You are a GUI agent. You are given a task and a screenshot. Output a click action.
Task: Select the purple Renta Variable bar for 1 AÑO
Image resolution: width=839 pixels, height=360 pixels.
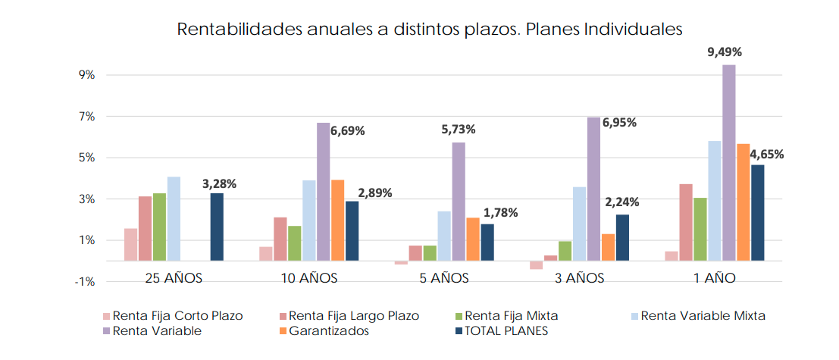pyautogui.click(x=728, y=162)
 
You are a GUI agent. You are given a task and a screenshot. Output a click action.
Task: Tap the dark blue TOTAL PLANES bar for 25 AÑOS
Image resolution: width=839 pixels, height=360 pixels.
pyautogui.click(x=217, y=227)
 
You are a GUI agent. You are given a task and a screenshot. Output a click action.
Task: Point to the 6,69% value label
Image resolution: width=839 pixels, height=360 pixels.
pyautogui.click(x=347, y=130)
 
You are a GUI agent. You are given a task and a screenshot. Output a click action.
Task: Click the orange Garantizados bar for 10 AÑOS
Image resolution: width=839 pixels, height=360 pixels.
pyautogui.click(x=337, y=220)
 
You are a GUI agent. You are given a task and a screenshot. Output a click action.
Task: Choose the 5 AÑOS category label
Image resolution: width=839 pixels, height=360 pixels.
pyautogui.click(x=444, y=278)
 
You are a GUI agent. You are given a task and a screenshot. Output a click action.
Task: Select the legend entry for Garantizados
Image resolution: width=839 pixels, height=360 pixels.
pyautogui.click(x=328, y=331)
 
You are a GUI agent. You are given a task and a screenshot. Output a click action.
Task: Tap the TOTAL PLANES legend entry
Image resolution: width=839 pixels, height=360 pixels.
pyautogui.click(x=506, y=331)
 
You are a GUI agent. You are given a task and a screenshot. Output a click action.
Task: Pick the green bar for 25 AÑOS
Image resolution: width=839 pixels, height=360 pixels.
pyautogui.click(x=159, y=227)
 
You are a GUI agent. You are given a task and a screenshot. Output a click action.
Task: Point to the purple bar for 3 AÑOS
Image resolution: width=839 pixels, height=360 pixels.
pyautogui.click(x=593, y=189)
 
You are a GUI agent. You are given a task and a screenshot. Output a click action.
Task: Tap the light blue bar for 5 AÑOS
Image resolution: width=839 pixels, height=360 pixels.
pyautogui.click(x=444, y=236)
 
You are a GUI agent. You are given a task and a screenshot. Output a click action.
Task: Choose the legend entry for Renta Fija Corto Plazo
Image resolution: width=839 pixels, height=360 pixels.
pyautogui.click(x=177, y=316)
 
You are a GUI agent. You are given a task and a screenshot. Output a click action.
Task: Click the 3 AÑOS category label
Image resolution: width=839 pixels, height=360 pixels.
pyautogui.click(x=578, y=278)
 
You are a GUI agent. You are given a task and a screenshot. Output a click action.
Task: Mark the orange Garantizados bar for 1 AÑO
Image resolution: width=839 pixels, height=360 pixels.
pyautogui.click(x=743, y=202)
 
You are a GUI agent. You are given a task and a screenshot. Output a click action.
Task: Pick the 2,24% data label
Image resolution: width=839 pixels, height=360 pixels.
pyautogui.click(x=621, y=202)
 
